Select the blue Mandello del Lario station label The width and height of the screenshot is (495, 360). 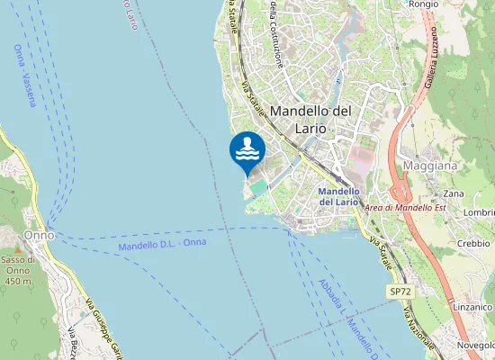[339, 196]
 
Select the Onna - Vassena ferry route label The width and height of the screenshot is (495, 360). [25, 76]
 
